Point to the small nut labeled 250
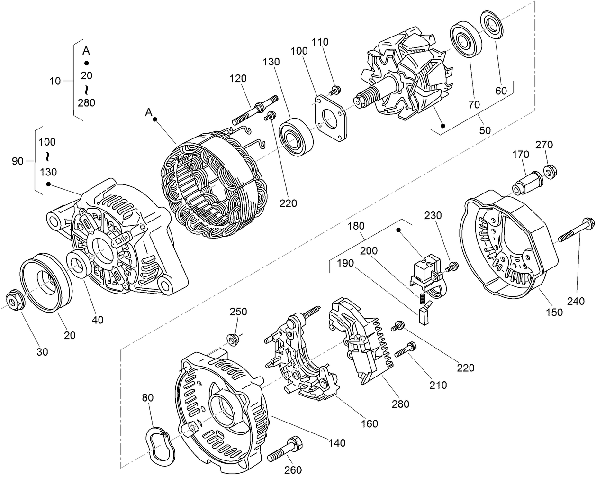[233, 339]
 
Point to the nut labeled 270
[550, 170]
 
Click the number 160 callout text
[369, 423]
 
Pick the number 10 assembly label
[55, 81]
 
